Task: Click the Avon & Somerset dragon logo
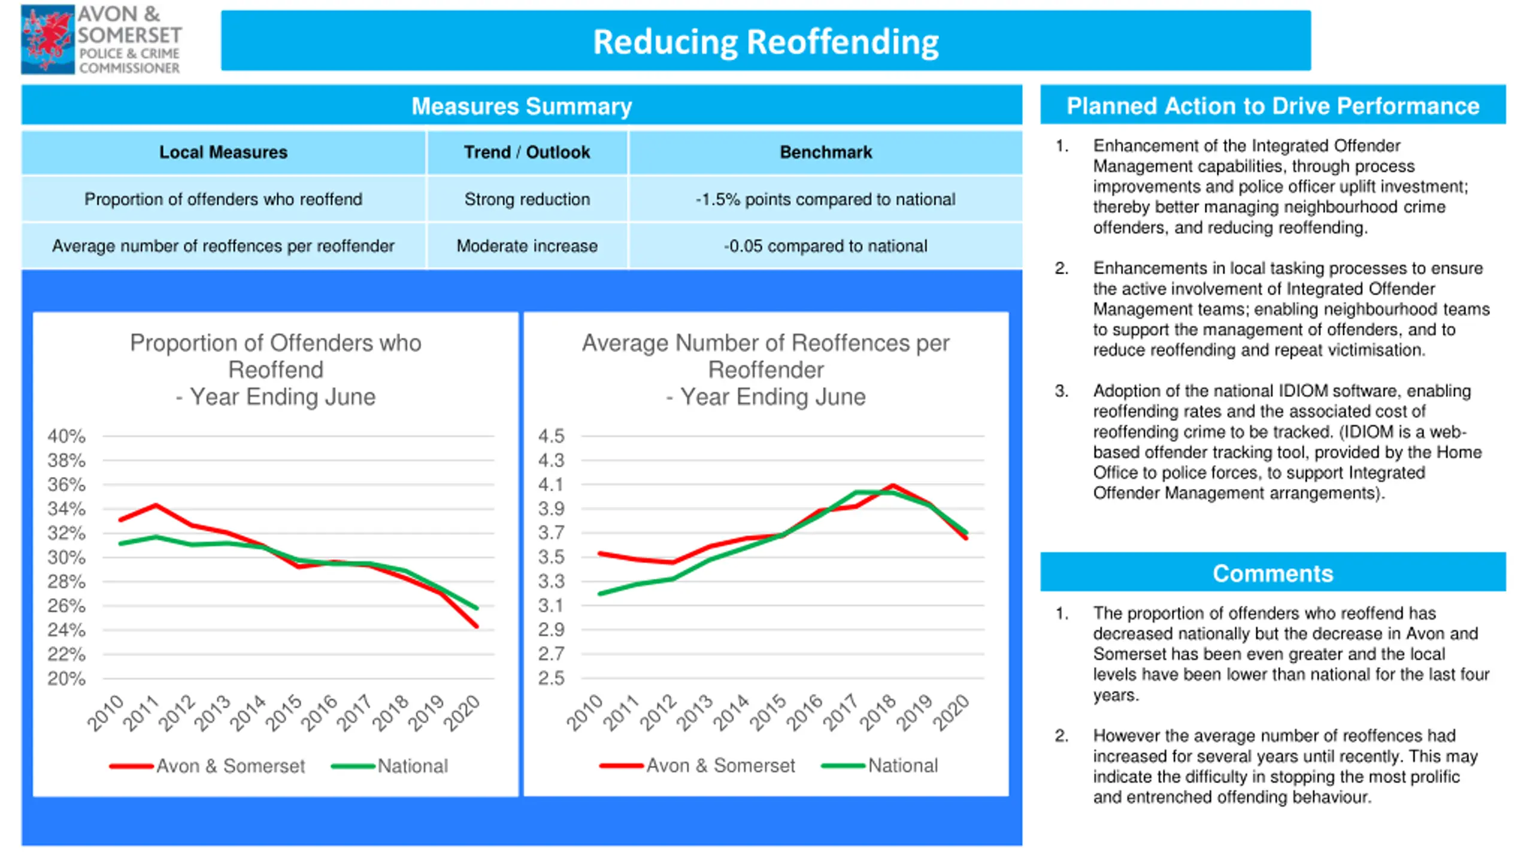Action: coord(48,40)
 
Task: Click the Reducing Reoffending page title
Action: coord(766,42)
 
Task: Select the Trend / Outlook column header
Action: coord(527,152)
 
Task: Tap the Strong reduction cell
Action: coord(527,199)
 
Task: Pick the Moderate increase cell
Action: coord(527,245)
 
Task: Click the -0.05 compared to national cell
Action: coord(825,245)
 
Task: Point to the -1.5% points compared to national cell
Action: coord(825,199)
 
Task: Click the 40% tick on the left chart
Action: coord(66,436)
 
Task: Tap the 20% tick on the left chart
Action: coord(66,679)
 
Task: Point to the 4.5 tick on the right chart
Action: coord(551,436)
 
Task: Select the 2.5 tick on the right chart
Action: coord(551,678)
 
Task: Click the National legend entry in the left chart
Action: coord(389,766)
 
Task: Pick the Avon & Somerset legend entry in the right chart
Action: coord(697,766)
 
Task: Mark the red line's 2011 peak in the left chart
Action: coord(156,505)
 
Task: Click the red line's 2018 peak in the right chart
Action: coord(893,485)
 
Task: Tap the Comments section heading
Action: coord(1273,573)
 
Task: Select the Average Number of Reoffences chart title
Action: coord(766,369)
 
